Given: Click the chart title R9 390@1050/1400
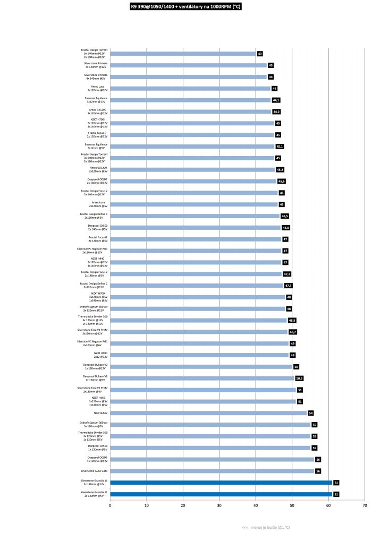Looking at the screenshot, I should (x=185, y=7).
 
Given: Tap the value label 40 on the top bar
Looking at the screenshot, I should (x=260, y=54).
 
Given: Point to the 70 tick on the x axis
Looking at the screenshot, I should (x=365, y=505).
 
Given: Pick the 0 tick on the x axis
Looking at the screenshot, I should (x=110, y=505).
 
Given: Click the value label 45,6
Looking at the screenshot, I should (x=282, y=182).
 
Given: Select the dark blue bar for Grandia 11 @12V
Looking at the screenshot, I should (x=221, y=483).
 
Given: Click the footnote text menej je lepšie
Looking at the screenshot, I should (x=266, y=528).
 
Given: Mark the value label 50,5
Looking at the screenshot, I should (x=299, y=378).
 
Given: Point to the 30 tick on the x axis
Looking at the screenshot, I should (x=219, y=505).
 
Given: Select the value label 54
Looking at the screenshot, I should (x=311, y=413).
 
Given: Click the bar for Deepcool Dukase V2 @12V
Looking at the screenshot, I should (x=201, y=367).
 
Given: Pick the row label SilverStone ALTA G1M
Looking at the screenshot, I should (x=94, y=471).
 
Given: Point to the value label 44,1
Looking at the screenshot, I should (x=276, y=100).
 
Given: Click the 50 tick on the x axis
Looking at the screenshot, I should (x=292, y=505).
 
